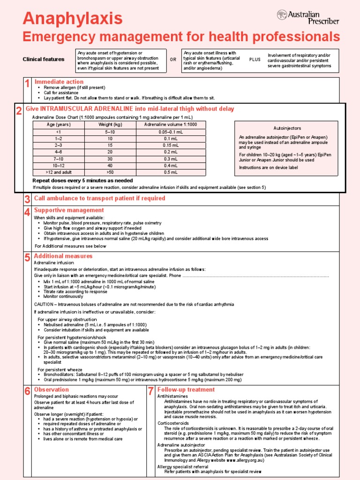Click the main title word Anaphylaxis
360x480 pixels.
click(x=73, y=19)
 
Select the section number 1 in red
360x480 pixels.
click(x=27, y=84)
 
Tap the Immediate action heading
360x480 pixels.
click(x=59, y=82)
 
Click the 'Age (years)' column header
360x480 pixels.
click(x=59, y=125)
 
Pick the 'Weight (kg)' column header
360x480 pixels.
click(x=110, y=125)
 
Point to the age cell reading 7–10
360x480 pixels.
click(x=59, y=159)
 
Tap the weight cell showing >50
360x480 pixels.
click(x=110, y=172)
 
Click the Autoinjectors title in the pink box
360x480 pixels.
click(x=287, y=128)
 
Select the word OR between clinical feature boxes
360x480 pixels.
click(x=173, y=60)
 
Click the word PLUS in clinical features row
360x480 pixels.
click(x=255, y=60)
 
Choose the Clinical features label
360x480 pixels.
click(x=44, y=60)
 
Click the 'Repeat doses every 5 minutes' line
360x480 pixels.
click(x=82, y=180)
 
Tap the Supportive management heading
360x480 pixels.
click(x=69, y=210)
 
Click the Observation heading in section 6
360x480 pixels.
click(x=51, y=390)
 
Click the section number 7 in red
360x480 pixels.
click(x=150, y=391)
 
